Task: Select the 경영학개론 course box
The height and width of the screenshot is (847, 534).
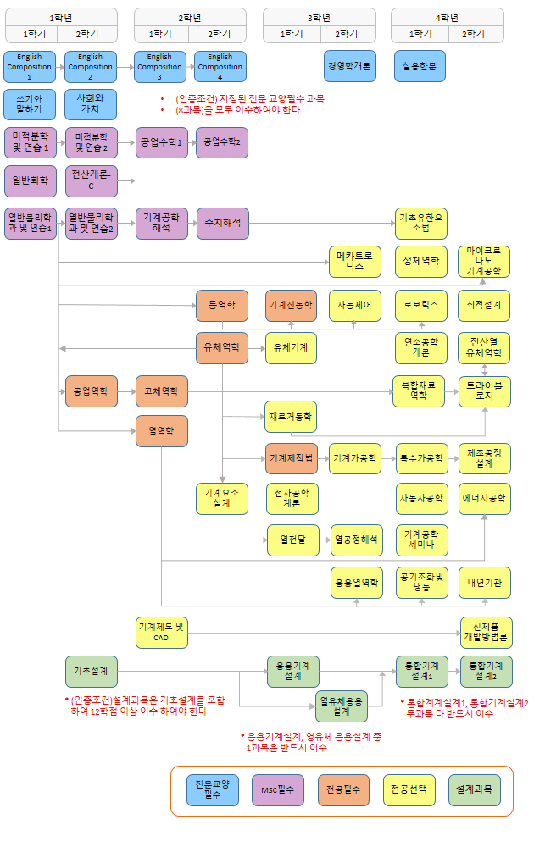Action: point(349,66)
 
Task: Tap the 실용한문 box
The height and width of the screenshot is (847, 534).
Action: point(419,66)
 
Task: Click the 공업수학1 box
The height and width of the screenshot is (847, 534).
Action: point(161,142)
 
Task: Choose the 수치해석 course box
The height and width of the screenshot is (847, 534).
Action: point(222,224)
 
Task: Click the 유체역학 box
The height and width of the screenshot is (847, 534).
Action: point(221,347)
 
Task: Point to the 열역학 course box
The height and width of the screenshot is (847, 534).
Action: point(161,431)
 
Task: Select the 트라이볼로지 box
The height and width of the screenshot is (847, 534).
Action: point(485,390)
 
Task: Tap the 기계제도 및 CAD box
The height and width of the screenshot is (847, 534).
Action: point(161,632)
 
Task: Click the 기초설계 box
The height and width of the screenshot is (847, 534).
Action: point(92,671)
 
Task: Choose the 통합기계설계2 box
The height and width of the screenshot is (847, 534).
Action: point(486,671)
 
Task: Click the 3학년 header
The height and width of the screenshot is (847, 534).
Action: point(320,17)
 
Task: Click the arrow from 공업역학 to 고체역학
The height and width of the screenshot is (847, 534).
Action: point(126,391)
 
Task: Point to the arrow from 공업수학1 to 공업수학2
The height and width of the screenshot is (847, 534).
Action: point(191,142)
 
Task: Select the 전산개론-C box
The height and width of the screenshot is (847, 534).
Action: point(91,180)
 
